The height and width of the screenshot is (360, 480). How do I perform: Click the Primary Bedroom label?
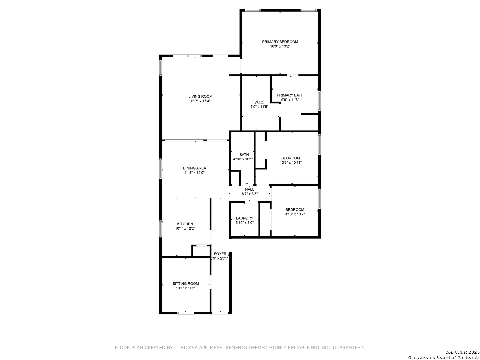coord(280,42)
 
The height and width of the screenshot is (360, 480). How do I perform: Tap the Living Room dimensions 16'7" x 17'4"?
coord(200,101)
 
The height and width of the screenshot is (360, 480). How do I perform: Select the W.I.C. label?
coord(259,102)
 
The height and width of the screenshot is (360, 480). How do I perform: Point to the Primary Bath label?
coord(290,95)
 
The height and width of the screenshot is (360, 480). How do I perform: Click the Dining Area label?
coord(194,168)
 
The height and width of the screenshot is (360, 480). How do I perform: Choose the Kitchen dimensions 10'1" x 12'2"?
coord(185,228)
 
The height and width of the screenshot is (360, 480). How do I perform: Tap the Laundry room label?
coord(244,218)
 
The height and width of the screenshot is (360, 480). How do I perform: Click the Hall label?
coord(250,189)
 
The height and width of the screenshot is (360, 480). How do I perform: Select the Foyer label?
coord(220,254)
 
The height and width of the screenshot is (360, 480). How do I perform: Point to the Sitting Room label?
coord(186,283)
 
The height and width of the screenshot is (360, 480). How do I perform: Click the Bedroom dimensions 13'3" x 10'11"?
coord(291,162)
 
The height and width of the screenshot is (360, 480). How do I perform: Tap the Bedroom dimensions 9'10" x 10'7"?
coord(295,214)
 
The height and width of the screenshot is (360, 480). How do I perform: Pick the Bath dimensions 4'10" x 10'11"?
coord(243,159)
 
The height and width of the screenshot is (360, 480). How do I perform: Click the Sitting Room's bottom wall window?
coord(185,313)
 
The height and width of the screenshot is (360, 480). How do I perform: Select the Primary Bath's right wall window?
coord(319,101)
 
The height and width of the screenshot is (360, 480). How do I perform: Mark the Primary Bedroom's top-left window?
coord(252,10)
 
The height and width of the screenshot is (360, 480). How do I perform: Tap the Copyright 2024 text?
coord(462,352)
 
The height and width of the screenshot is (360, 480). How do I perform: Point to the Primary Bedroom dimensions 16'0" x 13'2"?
coord(280,46)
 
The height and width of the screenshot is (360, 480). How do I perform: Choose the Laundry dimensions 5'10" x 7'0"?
coord(244,223)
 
